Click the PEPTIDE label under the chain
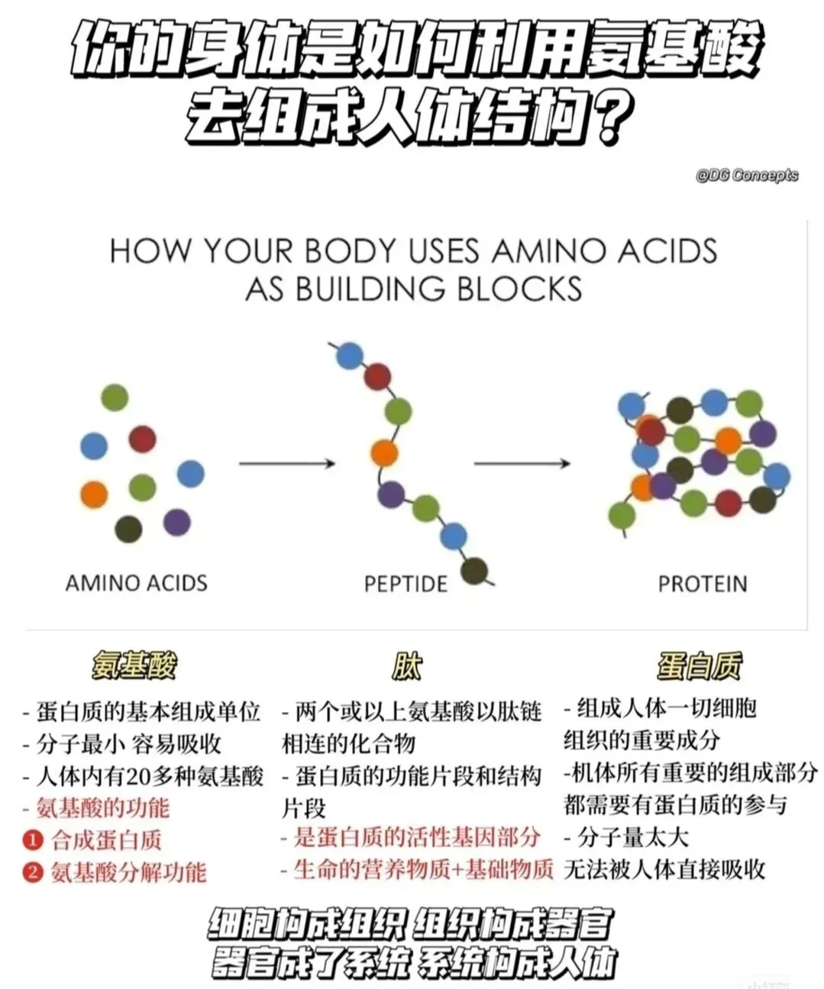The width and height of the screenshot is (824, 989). (x=406, y=584)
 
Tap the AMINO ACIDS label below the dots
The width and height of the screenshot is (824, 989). (x=137, y=583)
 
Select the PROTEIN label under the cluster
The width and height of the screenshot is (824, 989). (x=703, y=584)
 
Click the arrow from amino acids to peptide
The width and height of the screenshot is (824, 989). (x=287, y=463)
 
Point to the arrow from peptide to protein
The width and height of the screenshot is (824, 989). (x=522, y=463)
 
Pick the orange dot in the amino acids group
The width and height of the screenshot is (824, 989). (x=94, y=494)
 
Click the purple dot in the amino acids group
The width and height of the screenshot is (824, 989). (x=176, y=522)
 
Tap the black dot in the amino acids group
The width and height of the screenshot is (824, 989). (x=128, y=529)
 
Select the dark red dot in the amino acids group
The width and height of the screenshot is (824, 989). (x=143, y=439)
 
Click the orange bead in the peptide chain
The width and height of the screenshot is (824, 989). (x=384, y=453)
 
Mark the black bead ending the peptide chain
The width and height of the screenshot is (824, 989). (x=475, y=569)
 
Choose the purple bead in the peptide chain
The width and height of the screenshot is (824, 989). (x=391, y=494)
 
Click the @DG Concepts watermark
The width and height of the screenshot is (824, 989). (x=746, y=176)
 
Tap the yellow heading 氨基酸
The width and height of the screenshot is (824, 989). (x=134, y=665)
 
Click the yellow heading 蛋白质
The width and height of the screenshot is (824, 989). (x=699, y=665)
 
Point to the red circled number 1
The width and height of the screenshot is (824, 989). (x=32, y=840)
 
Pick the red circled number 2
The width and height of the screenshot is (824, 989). (x=32, y=871)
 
